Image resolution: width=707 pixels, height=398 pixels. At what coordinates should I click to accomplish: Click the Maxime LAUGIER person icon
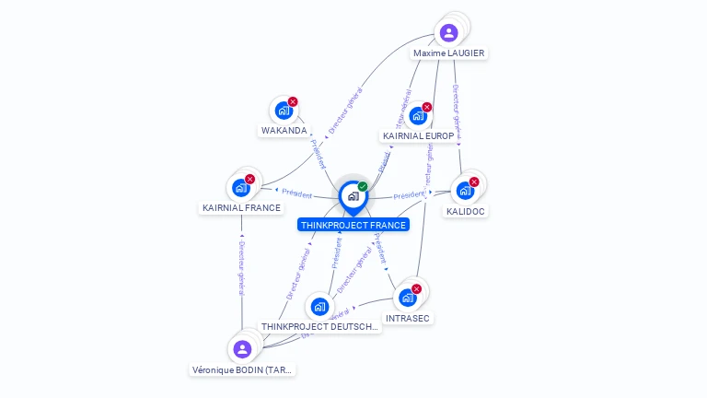(448, 33)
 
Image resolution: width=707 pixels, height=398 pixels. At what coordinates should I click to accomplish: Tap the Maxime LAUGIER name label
(448, 53)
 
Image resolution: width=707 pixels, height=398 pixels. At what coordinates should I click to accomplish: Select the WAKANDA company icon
(284, 111)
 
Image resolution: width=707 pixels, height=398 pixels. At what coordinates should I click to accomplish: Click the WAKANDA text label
(284, 131)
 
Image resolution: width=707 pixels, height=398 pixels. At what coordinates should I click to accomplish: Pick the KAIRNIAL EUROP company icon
(418, 116)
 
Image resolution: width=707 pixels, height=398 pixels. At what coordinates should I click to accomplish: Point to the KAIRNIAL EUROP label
(418, 136)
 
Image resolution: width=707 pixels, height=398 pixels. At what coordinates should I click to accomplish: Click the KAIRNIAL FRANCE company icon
(241, 188)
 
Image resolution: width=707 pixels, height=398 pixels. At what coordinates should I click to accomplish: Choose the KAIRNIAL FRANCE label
(241, 208)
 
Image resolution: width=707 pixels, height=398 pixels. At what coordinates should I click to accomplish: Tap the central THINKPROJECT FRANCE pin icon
(353, 196)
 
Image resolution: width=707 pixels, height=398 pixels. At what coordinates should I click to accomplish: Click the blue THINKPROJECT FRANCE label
(353, 225)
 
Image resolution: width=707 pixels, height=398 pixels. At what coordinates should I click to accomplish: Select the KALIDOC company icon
(466, 191)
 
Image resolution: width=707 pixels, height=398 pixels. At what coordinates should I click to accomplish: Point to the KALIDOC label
(466, 211)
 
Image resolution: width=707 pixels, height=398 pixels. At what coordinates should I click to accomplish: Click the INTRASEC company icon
(408, 298)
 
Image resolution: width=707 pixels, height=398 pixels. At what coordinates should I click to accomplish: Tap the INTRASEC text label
(408, 318)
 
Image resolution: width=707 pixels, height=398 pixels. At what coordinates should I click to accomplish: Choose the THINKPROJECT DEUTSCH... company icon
(319, 306)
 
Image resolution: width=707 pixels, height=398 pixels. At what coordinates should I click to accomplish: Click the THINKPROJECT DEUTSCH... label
(319, 326)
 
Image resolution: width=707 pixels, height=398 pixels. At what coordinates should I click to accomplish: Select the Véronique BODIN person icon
(242, 349)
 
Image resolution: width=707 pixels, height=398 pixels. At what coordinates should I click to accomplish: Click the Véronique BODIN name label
(242, 369)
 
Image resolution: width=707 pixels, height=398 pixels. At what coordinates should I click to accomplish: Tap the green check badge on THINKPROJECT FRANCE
(363, 186)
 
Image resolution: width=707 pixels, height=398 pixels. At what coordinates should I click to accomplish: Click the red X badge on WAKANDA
(293, 101)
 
